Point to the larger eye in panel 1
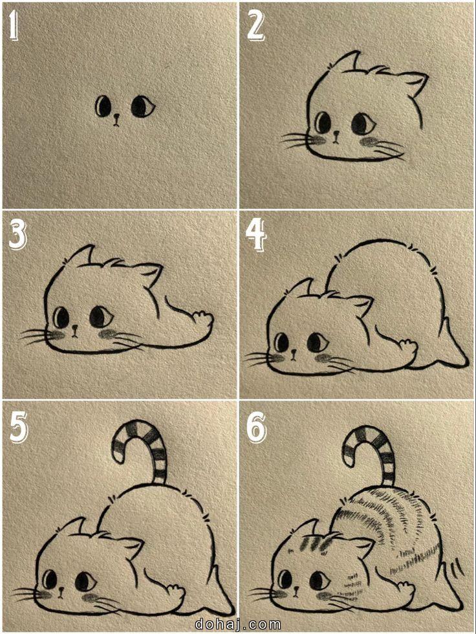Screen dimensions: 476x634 point(143,106)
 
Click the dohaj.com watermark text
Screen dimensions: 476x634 point(238,624)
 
